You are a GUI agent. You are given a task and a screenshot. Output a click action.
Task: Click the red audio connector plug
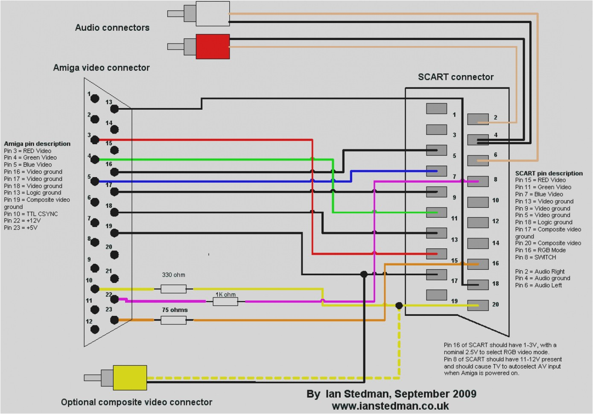tap(212, 47)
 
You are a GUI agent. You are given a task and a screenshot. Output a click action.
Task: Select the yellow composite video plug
tap(130, 377)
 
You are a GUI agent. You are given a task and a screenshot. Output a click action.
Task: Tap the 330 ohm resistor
tap(173, 289)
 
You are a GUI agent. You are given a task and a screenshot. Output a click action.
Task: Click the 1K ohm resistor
tap(225, 302)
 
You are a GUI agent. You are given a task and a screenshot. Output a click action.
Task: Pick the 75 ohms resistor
tap(173, 320)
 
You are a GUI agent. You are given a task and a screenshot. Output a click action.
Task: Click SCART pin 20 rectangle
tap(478, 305)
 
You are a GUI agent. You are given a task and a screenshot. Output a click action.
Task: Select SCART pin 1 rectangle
tap(436, 109)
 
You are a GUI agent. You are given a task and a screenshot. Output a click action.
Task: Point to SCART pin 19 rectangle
tap(436, 295)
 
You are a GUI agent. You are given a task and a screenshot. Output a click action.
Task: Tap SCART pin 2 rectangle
tap(478, 119)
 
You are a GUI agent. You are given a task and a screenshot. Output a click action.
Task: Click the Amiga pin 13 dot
tap(114, 109)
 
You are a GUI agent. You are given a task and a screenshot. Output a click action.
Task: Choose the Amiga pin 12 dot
tap(95, 329)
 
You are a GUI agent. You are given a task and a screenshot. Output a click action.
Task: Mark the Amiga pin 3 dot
tap(95, 140)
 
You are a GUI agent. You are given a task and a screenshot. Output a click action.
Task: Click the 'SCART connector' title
tap(456, 77)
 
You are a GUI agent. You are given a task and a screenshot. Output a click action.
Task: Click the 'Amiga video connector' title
tap(101, 68)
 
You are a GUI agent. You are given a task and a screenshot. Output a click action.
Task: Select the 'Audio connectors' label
tap(112, 28)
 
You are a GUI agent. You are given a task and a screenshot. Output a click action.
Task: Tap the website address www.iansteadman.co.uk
tap(390, 406)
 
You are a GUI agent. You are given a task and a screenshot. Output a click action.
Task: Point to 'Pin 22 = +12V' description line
tap(22, 221)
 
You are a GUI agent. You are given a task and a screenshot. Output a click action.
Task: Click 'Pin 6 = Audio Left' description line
tap(538, 285)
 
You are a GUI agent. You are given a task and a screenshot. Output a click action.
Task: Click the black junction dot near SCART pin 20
tap(399, 306)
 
